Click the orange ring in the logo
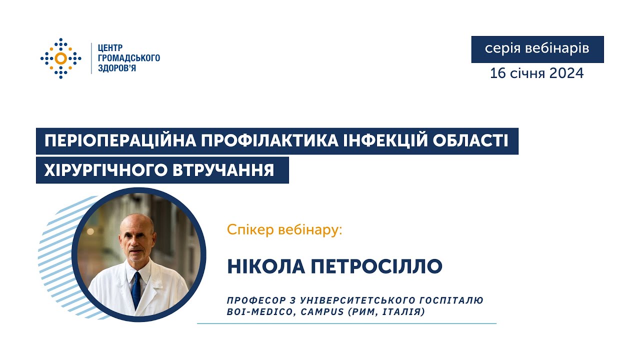click(60, 58)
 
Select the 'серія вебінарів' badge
click(537, 49)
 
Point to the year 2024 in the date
click(566, 73)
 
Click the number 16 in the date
click(498, 73)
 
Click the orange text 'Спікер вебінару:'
click(284, 230)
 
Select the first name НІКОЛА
click(263, 267)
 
